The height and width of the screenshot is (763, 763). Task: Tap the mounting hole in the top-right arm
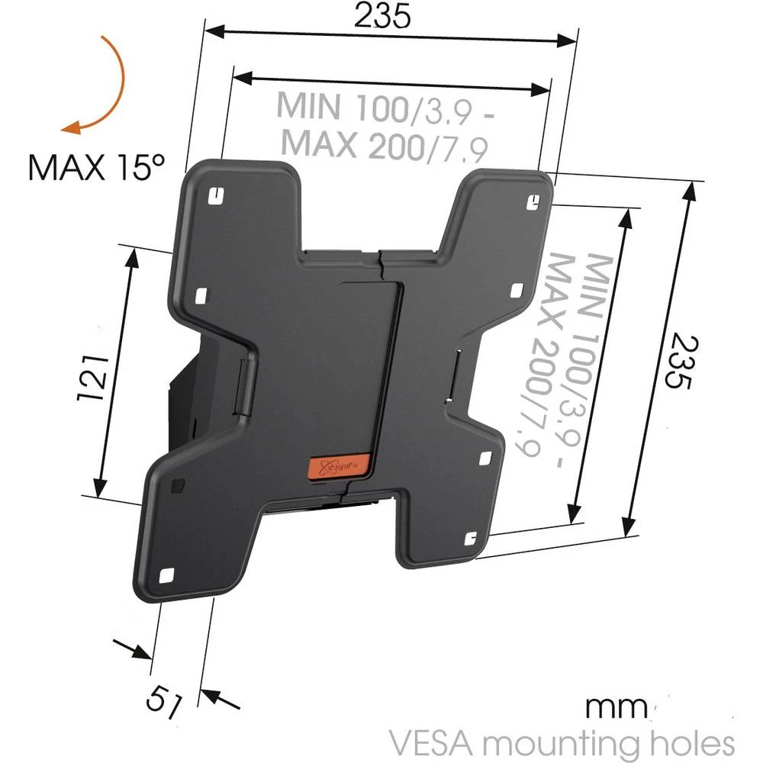[535, 200]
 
